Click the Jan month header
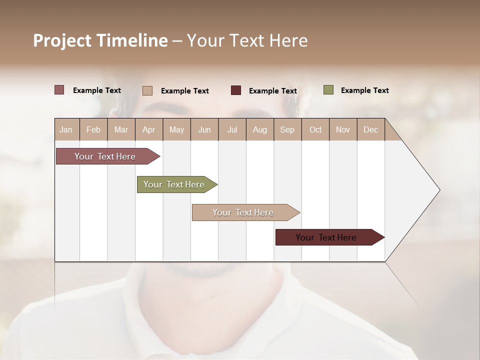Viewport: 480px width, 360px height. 66,130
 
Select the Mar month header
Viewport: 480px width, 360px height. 121,130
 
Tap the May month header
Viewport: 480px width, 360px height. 176,130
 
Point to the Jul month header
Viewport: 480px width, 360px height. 232,130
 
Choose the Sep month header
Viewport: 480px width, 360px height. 287,130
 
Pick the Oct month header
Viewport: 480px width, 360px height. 315,130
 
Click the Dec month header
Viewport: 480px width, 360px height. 370,130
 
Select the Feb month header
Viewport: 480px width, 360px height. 93,130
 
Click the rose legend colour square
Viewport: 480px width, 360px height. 59,90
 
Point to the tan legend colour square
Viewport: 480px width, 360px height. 147,90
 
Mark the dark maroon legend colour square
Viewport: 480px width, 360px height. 236,90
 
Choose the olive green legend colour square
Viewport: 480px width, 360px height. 328,90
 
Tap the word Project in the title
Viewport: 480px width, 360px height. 63,40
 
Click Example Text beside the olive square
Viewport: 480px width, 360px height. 364,90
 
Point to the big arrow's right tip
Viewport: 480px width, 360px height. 439,190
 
